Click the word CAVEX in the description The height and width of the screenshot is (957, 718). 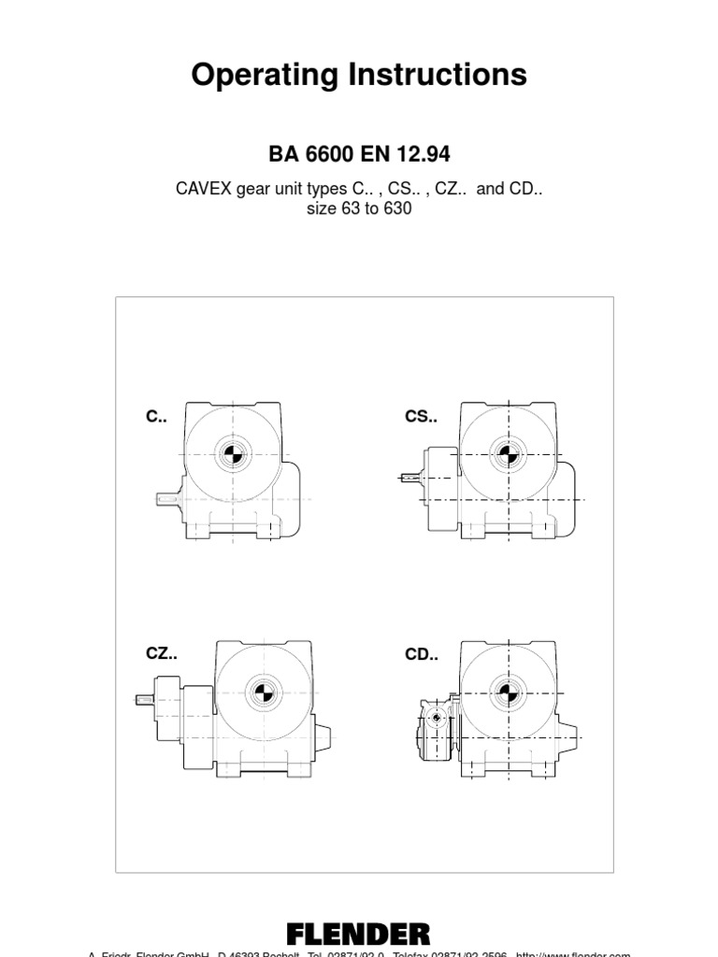coord(204,189)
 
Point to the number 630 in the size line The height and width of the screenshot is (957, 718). coord(396,208)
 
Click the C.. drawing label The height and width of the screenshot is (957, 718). coord(156,418)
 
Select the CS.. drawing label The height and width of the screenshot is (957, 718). coord(421,417)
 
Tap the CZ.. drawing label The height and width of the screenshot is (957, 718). coord(161,653)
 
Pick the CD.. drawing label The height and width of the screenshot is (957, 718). coord(421,654)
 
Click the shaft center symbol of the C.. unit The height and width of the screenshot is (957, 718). coord(230,455)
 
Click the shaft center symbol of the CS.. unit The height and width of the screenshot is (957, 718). coord(507,455)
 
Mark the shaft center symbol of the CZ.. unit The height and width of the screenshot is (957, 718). coord(262,693)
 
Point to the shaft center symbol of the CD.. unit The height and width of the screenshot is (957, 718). coord(507,693)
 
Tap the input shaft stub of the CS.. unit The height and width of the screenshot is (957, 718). coord(410,478)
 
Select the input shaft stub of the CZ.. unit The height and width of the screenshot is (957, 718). coord(145,699)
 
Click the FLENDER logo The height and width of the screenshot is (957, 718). coord(358,934)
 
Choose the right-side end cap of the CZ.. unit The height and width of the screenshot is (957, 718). coord(322,738)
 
